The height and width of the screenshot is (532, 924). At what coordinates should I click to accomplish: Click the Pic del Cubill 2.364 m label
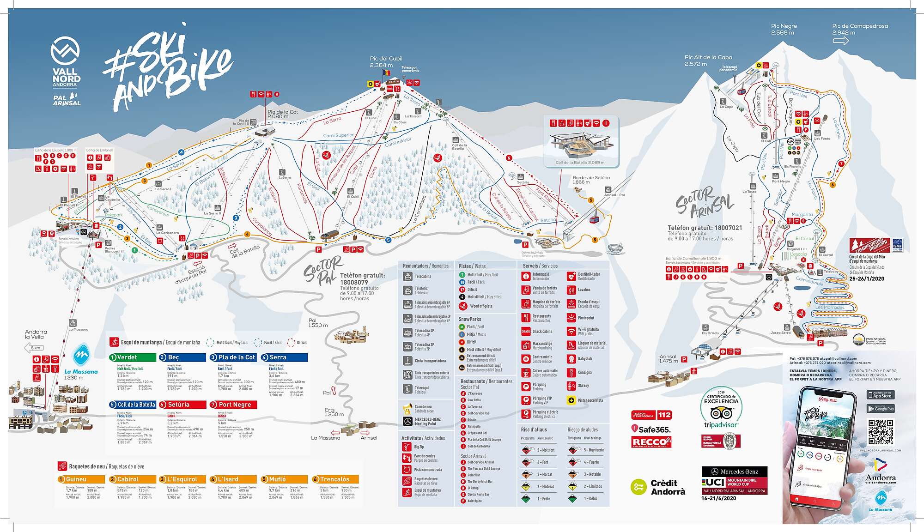386,62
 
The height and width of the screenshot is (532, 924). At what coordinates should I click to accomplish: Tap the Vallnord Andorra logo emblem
65,50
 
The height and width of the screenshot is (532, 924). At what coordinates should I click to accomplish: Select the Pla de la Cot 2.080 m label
283,114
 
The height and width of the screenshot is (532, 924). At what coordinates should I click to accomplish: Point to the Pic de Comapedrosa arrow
840,41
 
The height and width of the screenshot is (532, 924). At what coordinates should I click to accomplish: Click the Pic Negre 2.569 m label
784,29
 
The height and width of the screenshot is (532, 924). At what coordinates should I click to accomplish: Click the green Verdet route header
132,357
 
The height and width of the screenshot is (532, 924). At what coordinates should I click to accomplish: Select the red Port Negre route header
233,405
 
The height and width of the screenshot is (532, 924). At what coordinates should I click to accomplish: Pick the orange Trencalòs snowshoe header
335,479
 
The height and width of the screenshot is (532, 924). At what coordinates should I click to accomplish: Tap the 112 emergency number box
664,415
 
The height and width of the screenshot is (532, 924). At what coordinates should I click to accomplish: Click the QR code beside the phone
881,431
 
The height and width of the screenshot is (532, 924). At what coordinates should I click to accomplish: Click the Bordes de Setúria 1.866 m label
591,180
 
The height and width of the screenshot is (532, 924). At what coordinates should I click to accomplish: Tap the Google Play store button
881,409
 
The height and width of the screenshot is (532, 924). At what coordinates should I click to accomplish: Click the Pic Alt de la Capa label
708,60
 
